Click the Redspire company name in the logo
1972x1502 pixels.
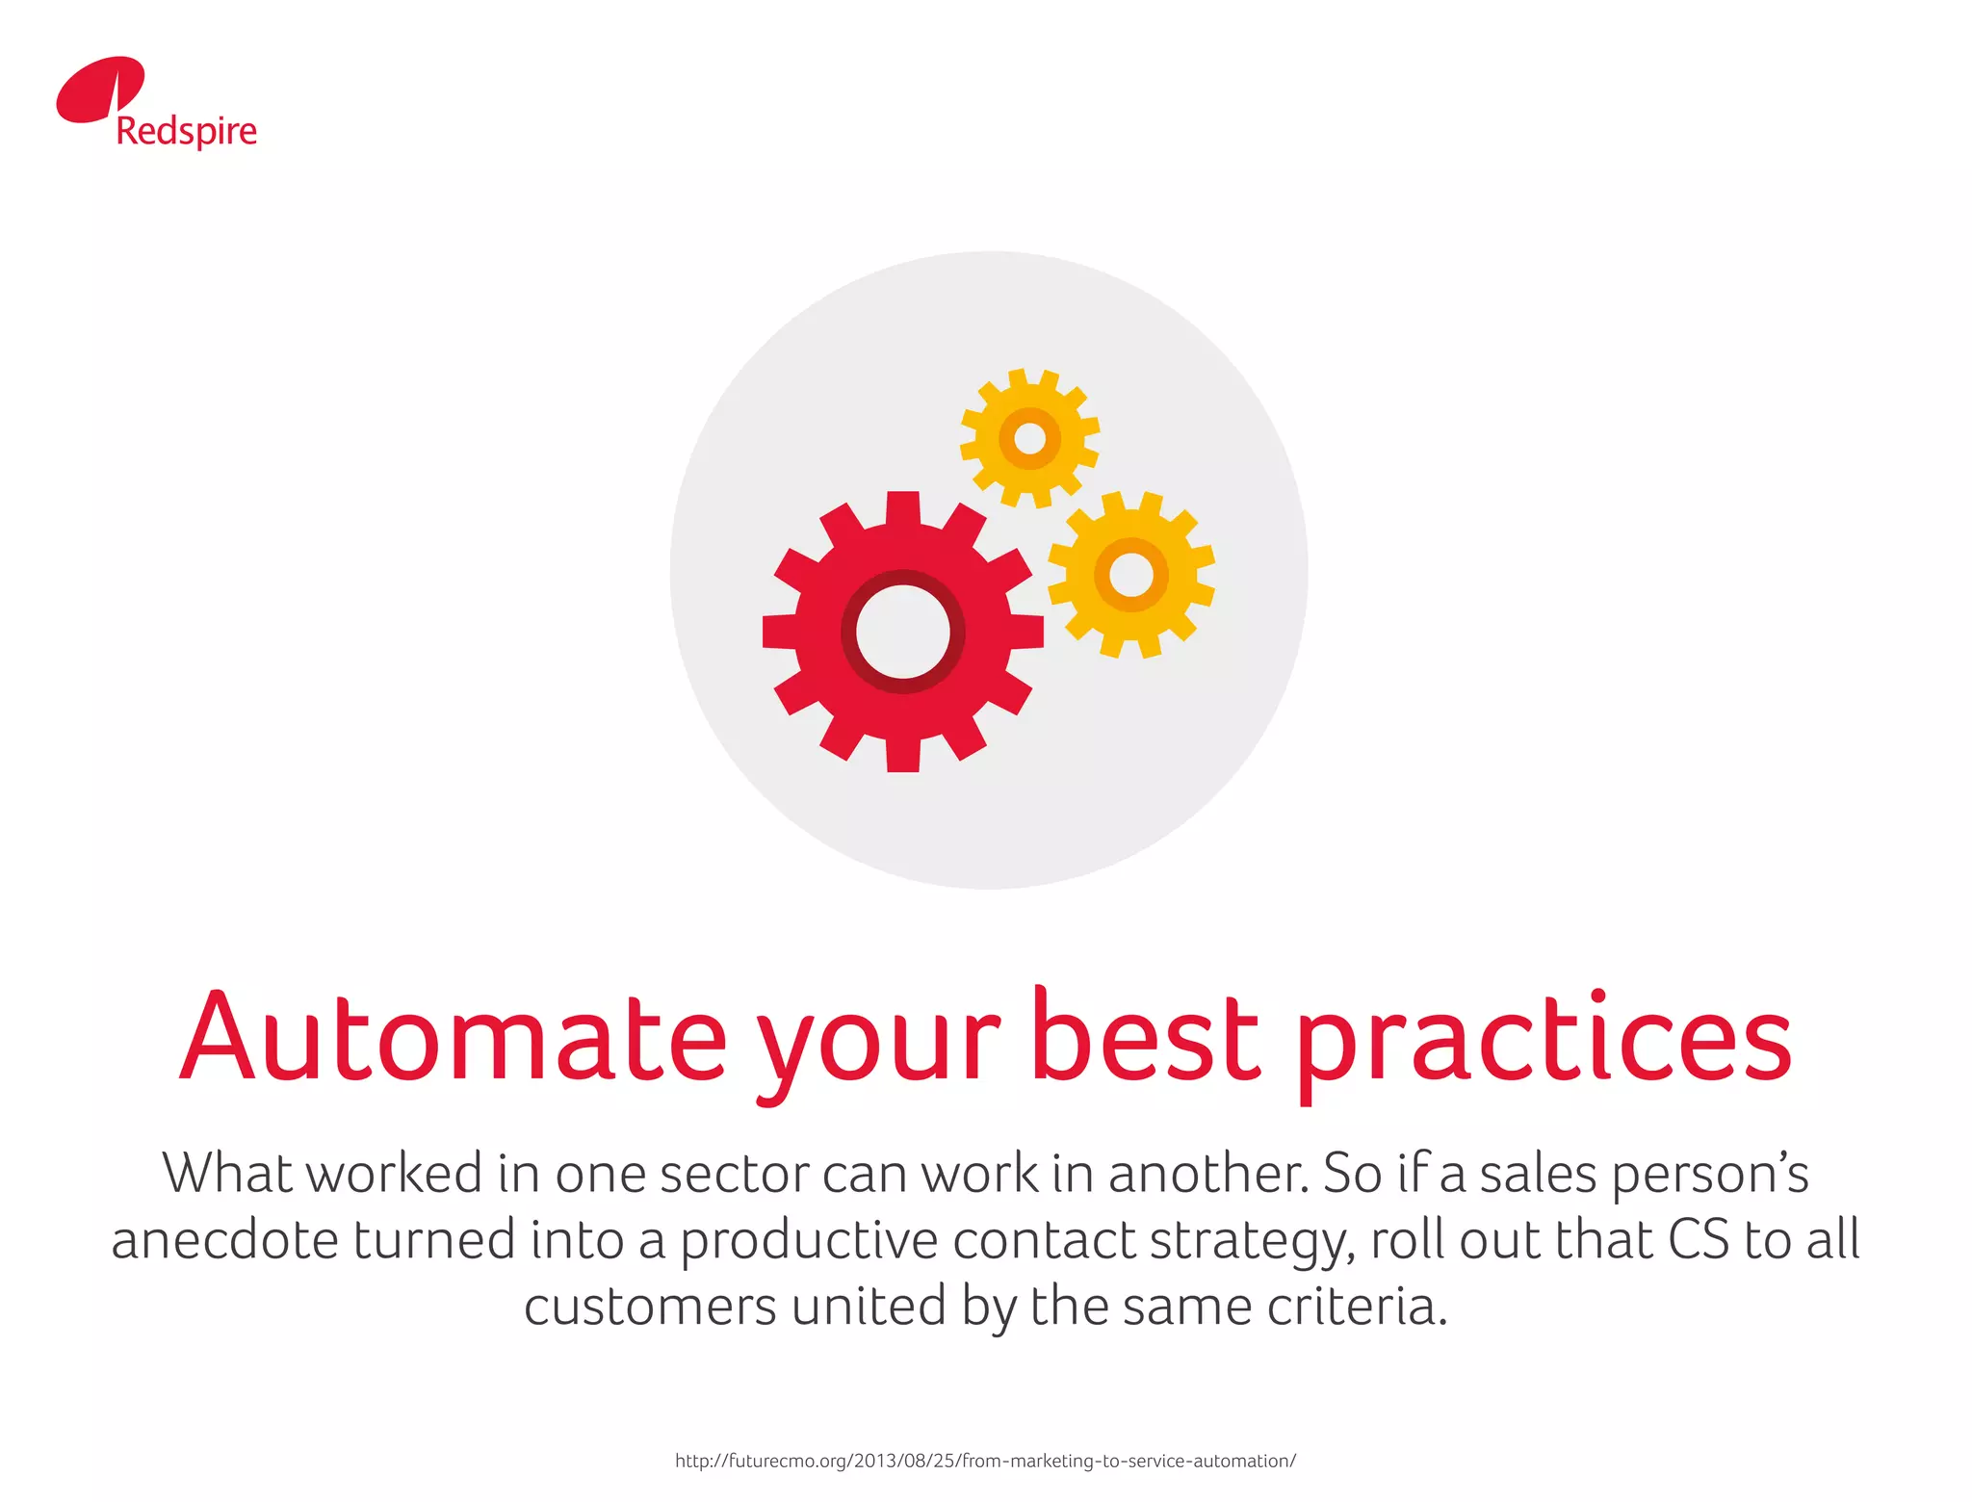click(187, 132)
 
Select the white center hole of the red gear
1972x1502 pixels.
click(903, 632)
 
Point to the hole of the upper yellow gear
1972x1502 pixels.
click(1030, 438)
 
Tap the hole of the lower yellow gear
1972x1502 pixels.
click(1131, 576)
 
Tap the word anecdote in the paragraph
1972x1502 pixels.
click(224, 1240)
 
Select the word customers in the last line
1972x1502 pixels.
click(650, 1308)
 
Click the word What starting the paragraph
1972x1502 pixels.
click(227, 1174)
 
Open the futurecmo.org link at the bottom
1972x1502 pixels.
click(985, 1461)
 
